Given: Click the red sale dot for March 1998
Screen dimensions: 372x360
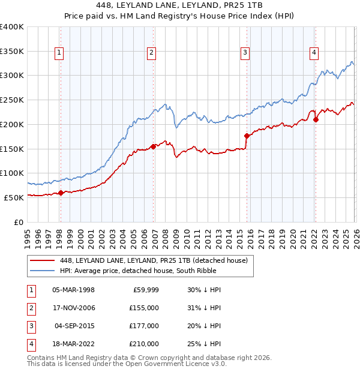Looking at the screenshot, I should pos(61,193).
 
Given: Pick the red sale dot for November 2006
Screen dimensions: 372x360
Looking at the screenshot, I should pos(153,146).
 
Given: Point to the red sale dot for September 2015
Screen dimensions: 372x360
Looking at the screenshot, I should pos(247,136).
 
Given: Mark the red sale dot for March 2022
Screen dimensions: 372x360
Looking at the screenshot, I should pos(316,119).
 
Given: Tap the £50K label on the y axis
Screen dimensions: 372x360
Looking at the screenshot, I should pos(14,197).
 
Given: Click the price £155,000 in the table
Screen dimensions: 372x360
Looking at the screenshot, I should pos(145,307).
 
